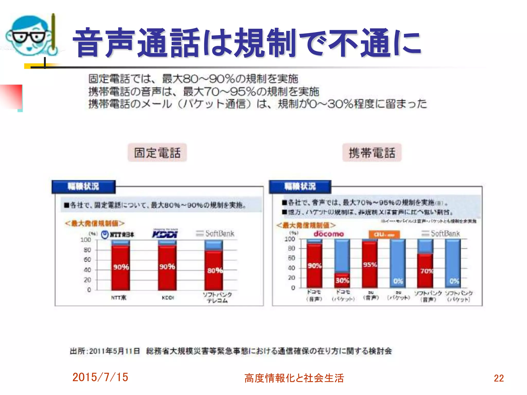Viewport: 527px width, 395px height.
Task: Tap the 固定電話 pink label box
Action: coord(157,153)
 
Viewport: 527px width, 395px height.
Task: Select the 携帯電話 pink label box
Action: coord(372,153)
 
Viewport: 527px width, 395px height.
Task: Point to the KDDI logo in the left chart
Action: coord(165,234)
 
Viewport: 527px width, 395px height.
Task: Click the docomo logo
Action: coord(329,234)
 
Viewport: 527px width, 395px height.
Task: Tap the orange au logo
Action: coord(384,235)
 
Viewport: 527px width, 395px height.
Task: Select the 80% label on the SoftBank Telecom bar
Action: coord(215,270)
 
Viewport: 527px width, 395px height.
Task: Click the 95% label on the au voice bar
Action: coord(370,265)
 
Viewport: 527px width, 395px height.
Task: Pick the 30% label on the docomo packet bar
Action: coord(342,280)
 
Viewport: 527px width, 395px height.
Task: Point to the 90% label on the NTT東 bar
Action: coord(121,267)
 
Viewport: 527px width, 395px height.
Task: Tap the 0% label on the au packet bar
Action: coord(398,281)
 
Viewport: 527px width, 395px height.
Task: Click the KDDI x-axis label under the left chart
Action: coord(168,298)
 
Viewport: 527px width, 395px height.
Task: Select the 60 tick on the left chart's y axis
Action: coord(87,260)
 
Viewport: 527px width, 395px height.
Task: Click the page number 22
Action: coord(499,378)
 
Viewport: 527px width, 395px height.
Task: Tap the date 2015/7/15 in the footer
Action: coord(100,377)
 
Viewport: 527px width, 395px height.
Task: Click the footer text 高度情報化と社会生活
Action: coord(294,378)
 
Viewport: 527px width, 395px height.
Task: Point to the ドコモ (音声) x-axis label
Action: coord(314,295)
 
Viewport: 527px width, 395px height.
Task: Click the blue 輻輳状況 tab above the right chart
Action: coord(300,186)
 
